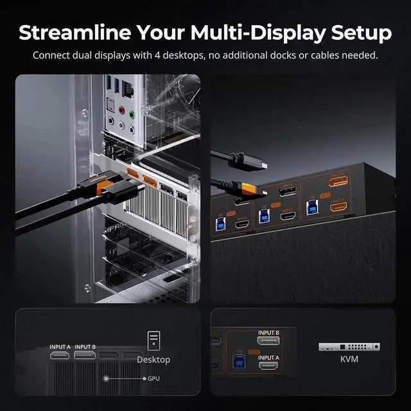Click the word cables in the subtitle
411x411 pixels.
(x=327, y=55)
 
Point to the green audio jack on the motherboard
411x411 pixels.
(x=132, y=115)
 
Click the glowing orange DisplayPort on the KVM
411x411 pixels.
(x=338, y=182)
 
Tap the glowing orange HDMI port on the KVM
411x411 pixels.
(x=338, y=207)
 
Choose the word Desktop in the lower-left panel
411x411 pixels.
(x=153, y=360)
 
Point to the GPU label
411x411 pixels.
(x=153, y=379)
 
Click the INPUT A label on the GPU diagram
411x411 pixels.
(x=61, y=347)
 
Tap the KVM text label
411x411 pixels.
(x=349, y=360)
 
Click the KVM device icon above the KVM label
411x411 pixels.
(x=349, y=347)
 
